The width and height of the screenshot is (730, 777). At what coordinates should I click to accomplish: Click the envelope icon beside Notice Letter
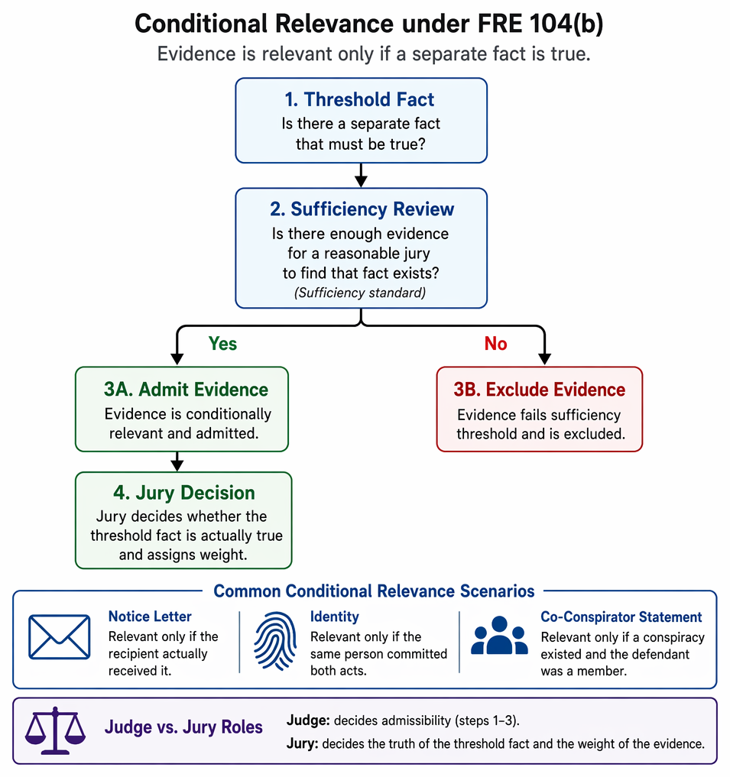60,636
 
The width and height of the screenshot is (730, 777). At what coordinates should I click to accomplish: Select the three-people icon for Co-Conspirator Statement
499,636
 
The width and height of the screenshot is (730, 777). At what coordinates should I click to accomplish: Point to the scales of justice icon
55,730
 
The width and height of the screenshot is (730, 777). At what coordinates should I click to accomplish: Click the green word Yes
222,343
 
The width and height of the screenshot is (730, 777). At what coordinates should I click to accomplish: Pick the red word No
496,343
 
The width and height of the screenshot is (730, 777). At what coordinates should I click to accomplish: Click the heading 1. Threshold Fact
359,99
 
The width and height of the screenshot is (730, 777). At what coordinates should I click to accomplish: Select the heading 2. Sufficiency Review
362,209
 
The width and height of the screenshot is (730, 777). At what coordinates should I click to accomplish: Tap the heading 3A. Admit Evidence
186,390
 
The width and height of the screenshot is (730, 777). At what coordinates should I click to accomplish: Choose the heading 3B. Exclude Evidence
540,390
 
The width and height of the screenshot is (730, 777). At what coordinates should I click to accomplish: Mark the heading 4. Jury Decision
184,493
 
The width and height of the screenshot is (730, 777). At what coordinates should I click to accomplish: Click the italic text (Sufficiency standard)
360,293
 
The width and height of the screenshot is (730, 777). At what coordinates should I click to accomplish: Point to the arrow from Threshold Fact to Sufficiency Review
361,176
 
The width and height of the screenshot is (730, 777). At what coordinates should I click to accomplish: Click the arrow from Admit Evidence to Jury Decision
177,461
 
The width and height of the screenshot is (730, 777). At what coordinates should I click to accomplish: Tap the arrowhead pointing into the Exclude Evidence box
544,359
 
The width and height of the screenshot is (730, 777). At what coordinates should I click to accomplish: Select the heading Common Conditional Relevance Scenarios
374,591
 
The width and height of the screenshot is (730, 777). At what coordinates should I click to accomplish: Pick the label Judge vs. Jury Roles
183,727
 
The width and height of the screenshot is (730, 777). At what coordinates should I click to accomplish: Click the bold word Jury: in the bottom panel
303,744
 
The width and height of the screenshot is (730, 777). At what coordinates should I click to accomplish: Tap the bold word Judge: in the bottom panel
308,720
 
